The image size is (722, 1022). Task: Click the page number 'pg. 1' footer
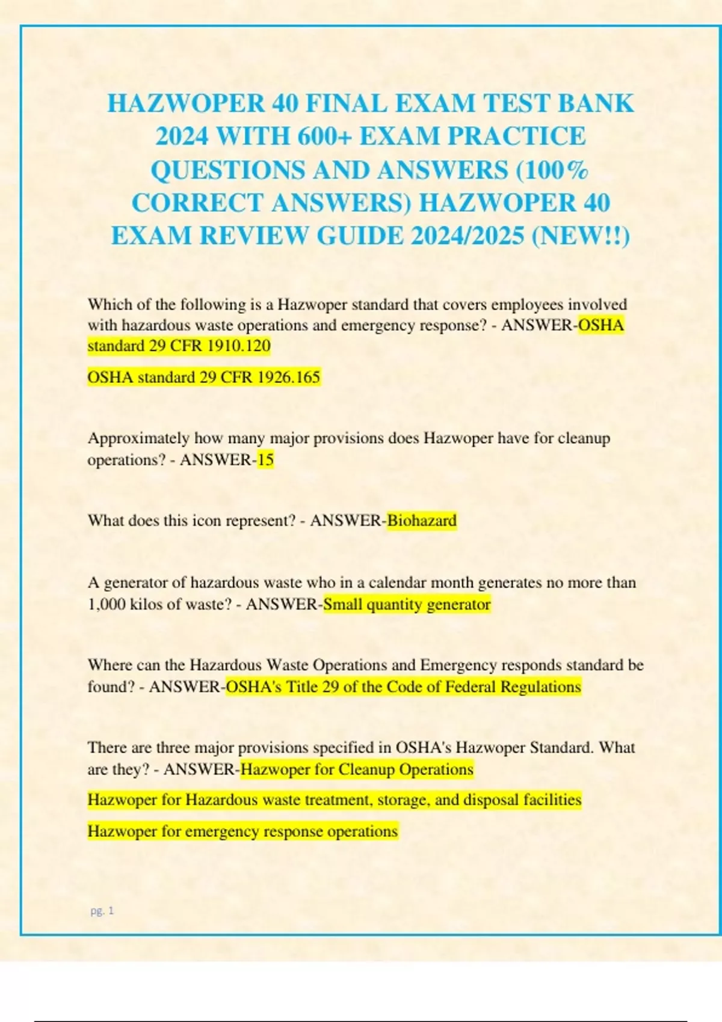pyautogui.click(x=102, y=911)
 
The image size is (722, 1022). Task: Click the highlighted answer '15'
pyautogui.click(x=265, y=460)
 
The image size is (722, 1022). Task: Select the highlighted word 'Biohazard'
pyautogui.click(x=422, y=520)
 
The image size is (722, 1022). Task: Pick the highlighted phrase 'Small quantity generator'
pyautogui.click(x=407, y=604)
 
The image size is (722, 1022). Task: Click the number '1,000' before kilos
pyautogui.click(x=106, y=604)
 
